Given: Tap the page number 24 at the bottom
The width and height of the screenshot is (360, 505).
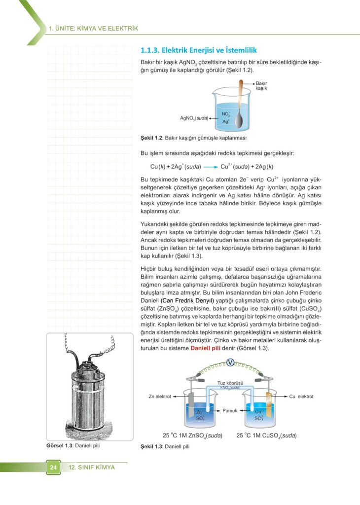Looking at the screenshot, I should tap(53, 467).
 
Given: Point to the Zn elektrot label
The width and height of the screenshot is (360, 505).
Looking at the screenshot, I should tap(160, 397).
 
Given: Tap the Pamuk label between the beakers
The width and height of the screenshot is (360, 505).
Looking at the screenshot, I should tap(230, 410).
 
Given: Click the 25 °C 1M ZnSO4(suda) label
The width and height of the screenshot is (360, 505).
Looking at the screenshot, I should tap(192, 435).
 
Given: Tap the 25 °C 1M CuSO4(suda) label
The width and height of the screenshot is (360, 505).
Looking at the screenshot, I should tap(266, 435).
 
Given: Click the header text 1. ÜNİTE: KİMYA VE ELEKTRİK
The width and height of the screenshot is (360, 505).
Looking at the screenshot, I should tap(93, 28).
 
